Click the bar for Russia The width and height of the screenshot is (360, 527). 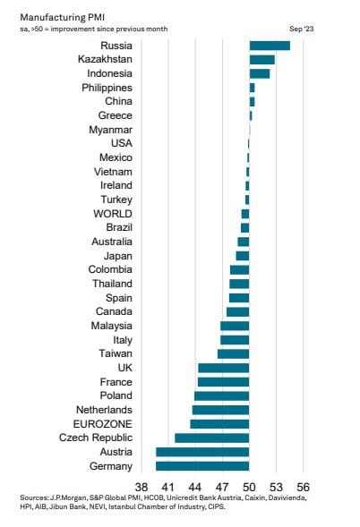click(270, 46)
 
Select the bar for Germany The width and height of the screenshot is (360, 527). click(202, 465)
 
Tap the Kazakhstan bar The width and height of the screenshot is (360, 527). click(261, 59)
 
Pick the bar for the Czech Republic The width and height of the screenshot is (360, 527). click(211, 438)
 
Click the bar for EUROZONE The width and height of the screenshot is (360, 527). click(219, 423)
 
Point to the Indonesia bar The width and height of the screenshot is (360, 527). click(260, 73)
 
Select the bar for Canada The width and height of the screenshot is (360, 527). click(237, 311)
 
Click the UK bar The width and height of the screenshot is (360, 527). click(223, 368)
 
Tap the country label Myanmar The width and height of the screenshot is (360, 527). click(110, 130)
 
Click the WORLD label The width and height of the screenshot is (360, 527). click(112, 214)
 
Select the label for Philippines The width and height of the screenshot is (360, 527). click(107, 88)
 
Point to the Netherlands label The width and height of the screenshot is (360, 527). click(102, 410)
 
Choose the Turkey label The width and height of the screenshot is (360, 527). click(116, 200)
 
